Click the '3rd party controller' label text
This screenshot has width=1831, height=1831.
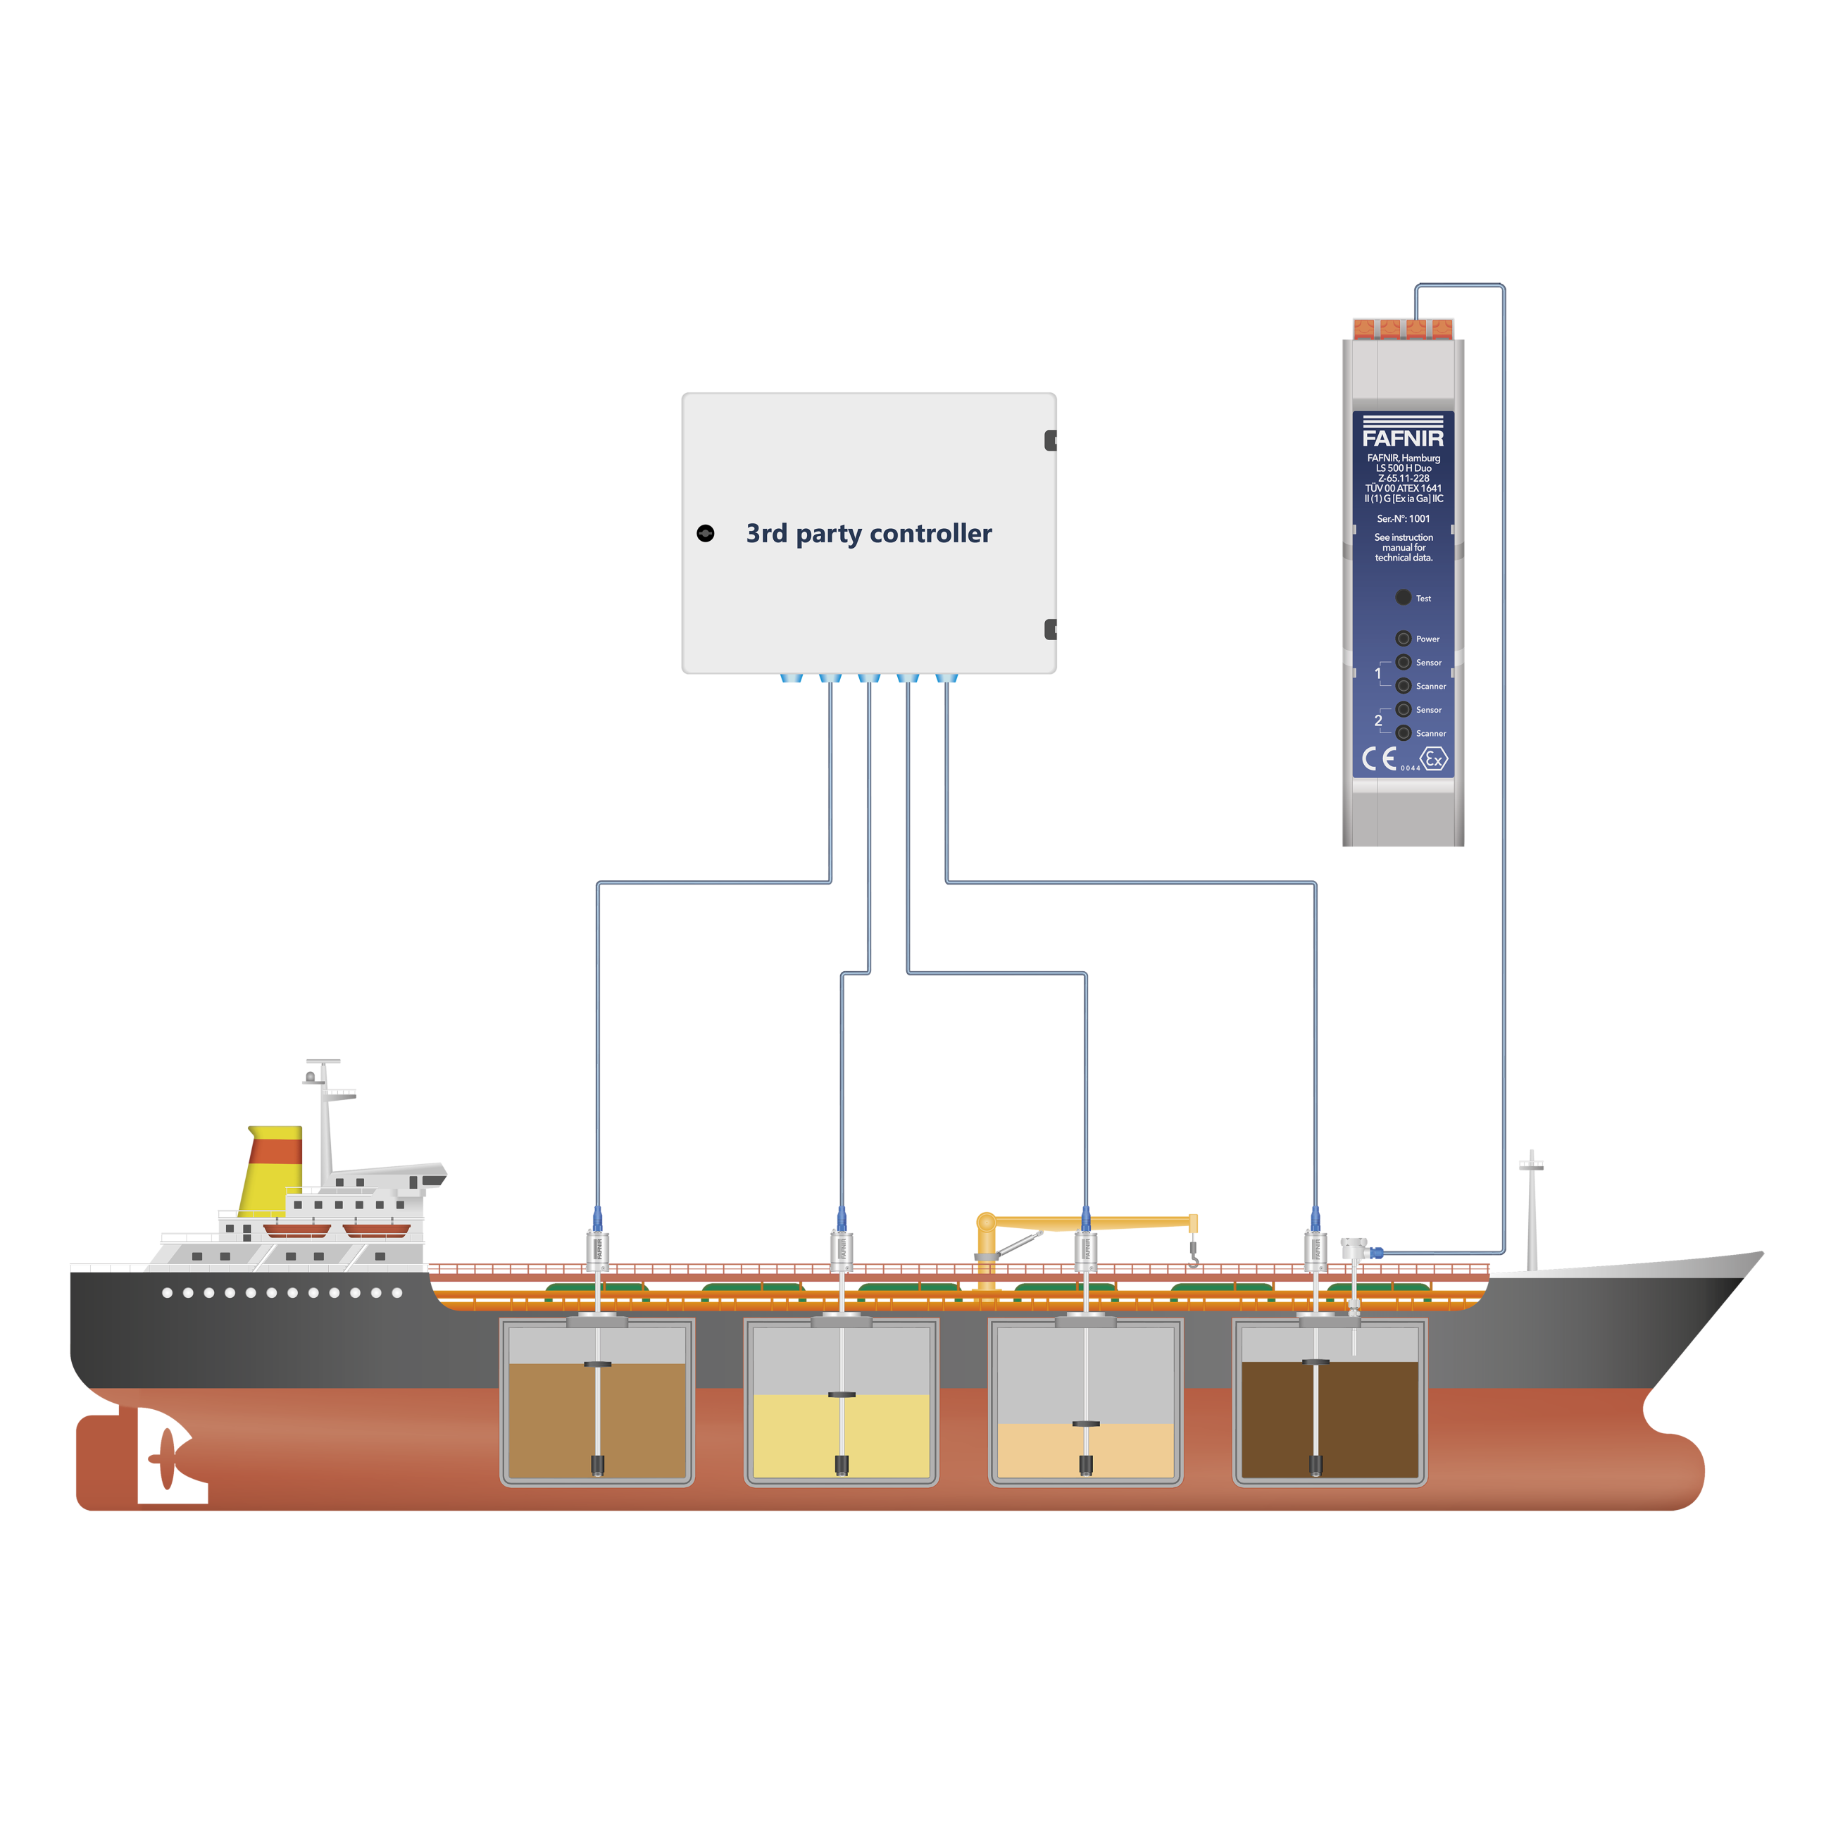868,534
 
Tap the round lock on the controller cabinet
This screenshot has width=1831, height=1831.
705,534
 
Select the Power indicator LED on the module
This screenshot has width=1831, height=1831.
1403,639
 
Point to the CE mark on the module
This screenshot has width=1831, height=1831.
1379,759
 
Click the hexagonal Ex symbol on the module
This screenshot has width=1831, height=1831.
1435,760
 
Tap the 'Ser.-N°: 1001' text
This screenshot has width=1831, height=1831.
1403,518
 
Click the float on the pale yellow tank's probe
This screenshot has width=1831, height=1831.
841,1394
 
